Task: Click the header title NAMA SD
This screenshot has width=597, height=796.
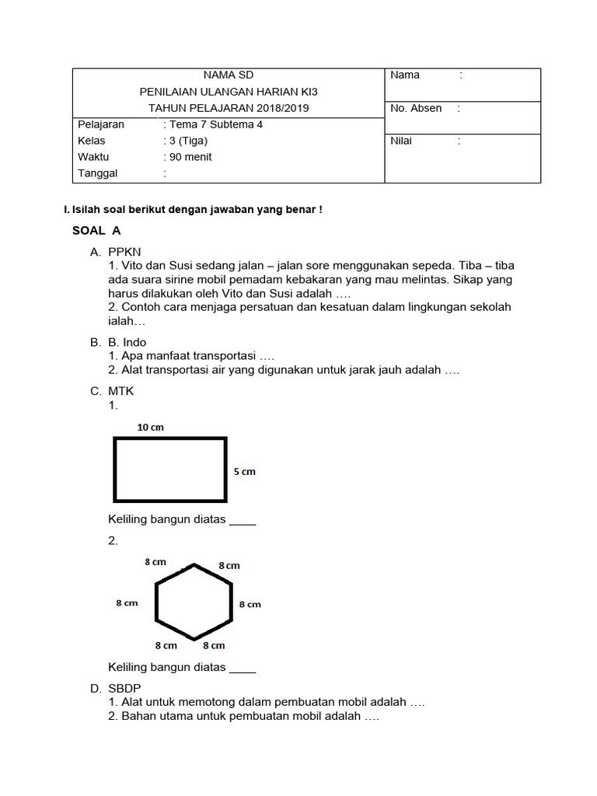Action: click(229, 75)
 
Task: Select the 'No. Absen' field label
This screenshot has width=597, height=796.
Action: click(416, 109)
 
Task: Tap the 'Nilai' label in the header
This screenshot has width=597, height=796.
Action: click(401, 141)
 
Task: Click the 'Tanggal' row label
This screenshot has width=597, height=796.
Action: click(98, 173)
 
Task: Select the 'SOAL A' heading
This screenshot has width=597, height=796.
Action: click(96, 231)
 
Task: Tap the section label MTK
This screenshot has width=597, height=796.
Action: click(121, 392)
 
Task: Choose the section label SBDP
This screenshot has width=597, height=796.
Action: click(124, 689)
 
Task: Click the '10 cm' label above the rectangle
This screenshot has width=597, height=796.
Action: click(150, 428)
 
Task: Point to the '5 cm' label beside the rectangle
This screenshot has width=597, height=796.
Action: click(244, 472)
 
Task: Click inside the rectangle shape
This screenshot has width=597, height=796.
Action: click(170, 469)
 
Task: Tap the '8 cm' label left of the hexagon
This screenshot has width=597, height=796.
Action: click(127, 603)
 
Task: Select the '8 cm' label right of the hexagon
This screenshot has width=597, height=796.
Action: click(250, 604)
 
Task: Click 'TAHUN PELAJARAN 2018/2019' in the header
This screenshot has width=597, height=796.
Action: click(229, 108)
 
